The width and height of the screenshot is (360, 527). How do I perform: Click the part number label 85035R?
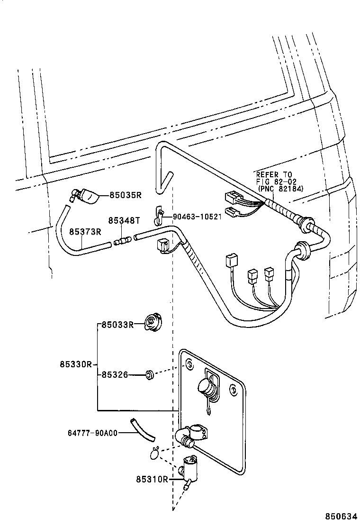(126, 194)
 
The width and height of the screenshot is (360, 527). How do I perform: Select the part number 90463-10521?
(197, 217)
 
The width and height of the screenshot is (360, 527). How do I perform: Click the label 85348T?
(124, 220)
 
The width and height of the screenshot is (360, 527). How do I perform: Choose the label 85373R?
(85, 231)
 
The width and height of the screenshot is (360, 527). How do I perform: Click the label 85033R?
(117, 325)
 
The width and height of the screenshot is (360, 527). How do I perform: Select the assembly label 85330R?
(75, 364)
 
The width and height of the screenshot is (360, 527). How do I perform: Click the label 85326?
(114, 374)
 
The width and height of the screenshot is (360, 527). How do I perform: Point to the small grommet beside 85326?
(150, 375)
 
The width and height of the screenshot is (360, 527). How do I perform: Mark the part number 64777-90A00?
(92, 432)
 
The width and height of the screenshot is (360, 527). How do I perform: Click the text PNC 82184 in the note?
(280, 188)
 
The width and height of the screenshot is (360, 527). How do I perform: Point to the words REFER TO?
(274, 174)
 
